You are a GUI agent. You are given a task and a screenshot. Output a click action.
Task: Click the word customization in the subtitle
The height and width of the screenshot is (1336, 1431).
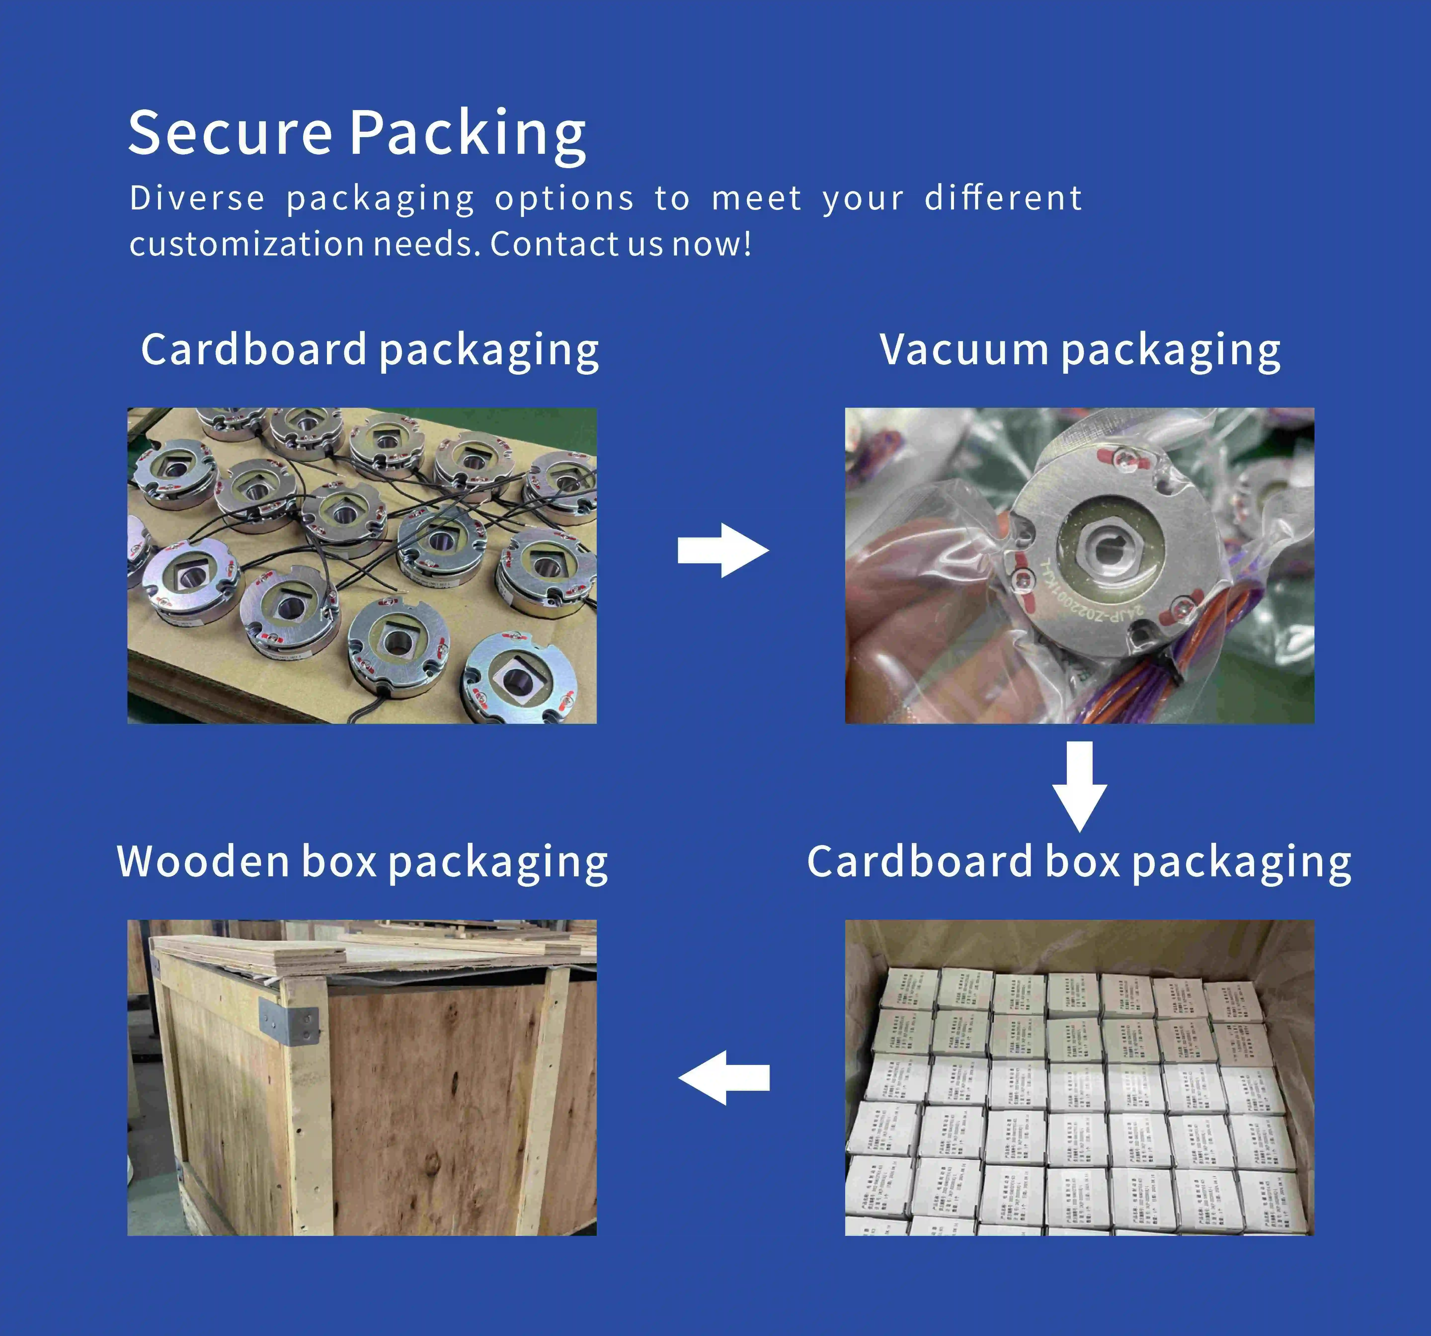(246, 244)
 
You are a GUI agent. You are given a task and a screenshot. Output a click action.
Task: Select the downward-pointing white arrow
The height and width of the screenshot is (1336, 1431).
(1080, 786)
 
